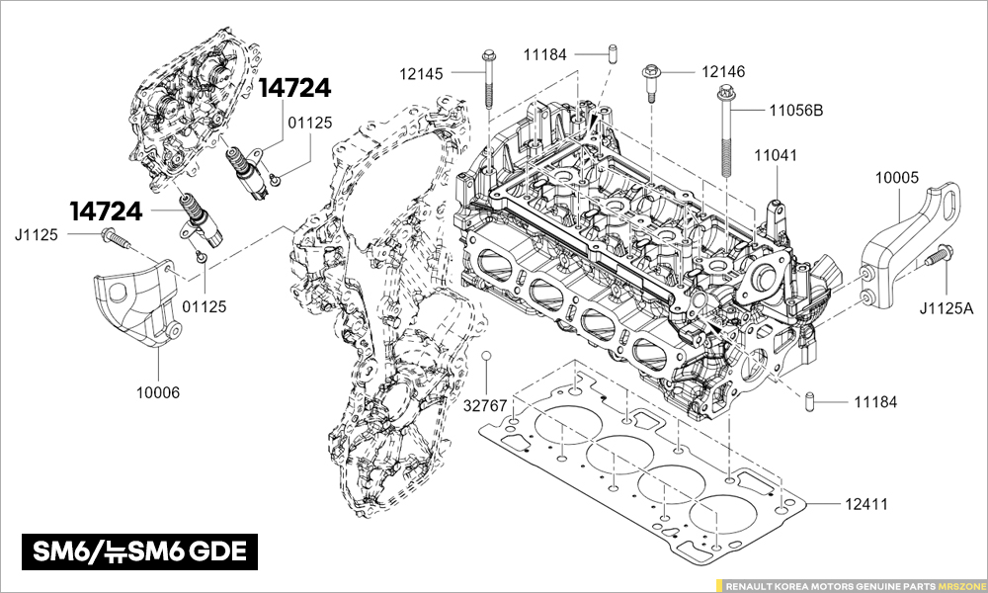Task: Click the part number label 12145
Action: click(422, 73)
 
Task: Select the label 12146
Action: click(723, 72)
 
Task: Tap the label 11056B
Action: click(795, 111)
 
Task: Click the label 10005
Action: click(897, 178)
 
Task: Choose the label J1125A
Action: click(947, 308)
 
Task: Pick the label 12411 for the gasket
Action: click(865, 504)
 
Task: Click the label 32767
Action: click(485, 406)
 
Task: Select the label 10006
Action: click(158, 392)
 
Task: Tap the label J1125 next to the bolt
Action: click(37, 235)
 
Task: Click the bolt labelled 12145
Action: click(488, 79)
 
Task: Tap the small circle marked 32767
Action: click(486, 356)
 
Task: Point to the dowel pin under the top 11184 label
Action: click(613, 53)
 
